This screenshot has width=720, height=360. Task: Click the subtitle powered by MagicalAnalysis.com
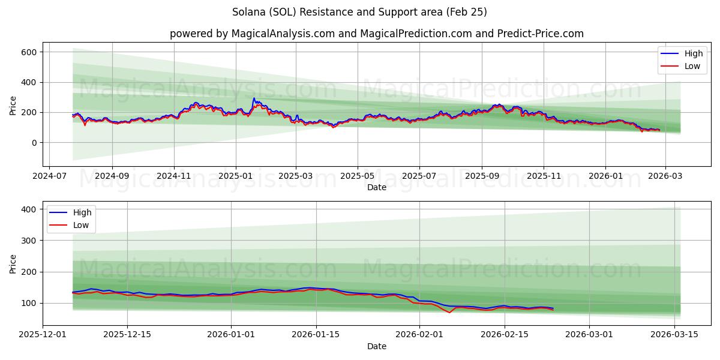tap(376, 34)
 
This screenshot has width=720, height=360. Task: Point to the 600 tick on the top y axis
tap(29, 52)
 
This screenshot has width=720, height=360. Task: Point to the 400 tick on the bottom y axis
tap(29, 209)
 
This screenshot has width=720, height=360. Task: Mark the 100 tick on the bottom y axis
tap(29, 303)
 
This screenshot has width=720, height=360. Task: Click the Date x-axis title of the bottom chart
tap(377, 347)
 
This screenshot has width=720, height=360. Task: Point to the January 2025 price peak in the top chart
tap(254, 98)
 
